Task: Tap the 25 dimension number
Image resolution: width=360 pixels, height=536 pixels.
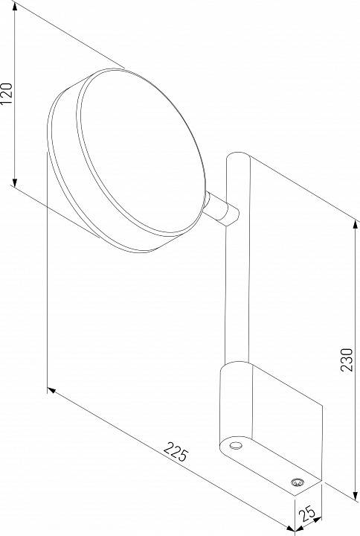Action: [x=306, y=514]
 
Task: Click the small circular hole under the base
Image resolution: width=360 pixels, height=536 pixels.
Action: [x=236, y=445]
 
